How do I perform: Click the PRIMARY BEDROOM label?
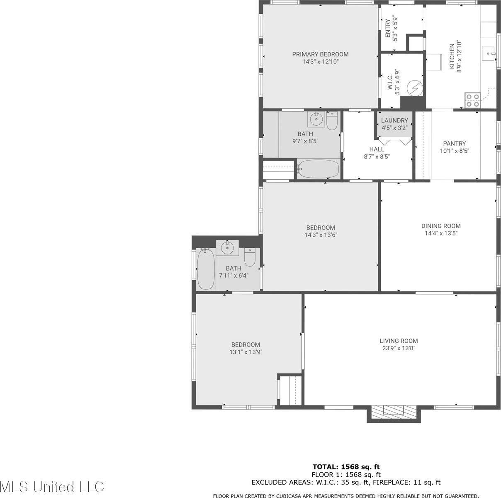point(320,54)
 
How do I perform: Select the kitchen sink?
point(489,54)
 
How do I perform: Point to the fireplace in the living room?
point(394,412)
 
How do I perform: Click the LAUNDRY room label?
point(394,121)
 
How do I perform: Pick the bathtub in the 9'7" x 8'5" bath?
point(318,169)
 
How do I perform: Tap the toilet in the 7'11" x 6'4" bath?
point(249,257)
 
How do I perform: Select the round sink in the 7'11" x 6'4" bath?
point(227,248)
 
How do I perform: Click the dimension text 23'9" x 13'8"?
point(399,348)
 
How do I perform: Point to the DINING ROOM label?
point(441,226)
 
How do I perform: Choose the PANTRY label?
point(454,144)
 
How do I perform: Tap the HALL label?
point(377,149)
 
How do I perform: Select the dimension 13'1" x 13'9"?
point(246,352)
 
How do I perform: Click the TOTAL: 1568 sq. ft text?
point(345,466)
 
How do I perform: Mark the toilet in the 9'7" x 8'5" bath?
point(332,121)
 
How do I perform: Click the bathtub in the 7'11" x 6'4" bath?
point(205,269)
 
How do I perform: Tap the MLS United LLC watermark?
point(52,486)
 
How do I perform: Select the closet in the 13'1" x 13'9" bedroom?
point(290,390)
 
